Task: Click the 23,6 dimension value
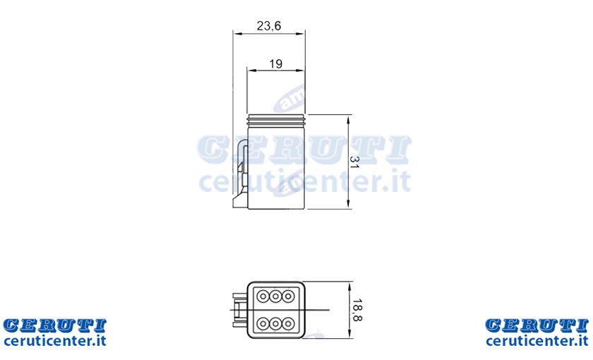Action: tap(269, 25)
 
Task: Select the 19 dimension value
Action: tap(276, 64)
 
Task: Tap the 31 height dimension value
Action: tap(354, 162)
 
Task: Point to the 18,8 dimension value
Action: tap(357, 310)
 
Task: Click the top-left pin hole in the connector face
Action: tap(263, 296)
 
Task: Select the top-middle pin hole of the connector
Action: tap(275, 296)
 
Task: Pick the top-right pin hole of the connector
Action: tap(288, 296)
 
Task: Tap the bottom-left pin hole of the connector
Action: tap(263, 324)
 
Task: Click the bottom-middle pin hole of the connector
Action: tap(275, 324)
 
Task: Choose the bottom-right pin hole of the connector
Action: tap(288, 324)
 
